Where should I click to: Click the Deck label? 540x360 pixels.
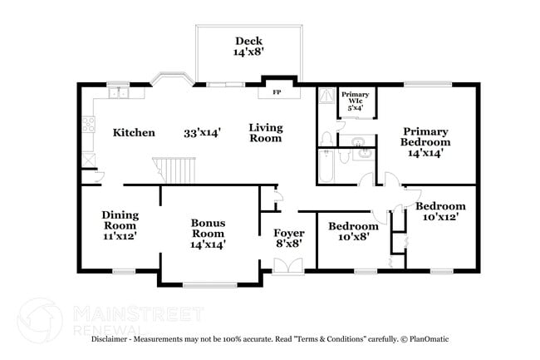248,46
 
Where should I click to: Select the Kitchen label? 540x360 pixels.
134,133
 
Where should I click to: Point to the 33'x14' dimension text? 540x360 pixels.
202,132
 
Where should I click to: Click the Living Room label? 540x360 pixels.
266,133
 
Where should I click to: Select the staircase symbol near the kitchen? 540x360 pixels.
178,170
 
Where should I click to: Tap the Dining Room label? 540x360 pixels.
120,225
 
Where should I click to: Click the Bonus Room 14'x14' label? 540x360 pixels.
208,234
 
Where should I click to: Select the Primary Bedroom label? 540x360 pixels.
425,141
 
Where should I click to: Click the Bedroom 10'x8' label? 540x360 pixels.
353,231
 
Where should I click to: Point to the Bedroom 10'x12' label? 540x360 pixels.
440,211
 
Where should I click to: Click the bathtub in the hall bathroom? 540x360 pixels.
326,166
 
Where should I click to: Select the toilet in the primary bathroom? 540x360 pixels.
327,137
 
